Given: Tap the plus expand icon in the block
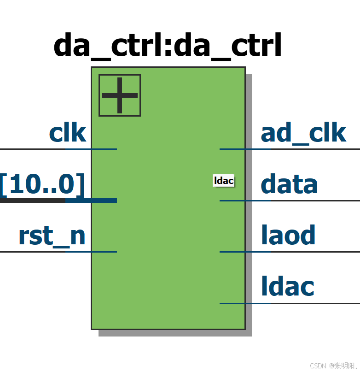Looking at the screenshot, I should (120, 95).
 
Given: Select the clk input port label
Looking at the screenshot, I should (67, 133).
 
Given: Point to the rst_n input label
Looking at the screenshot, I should (52, 236).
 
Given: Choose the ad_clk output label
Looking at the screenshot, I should (303, 133).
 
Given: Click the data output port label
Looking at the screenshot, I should (289, 184).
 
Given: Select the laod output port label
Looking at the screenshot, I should (288, 235).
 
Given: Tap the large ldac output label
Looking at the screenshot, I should (287, 286).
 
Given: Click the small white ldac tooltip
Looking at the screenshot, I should (224, 180).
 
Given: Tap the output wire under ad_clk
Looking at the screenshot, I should (290, 149).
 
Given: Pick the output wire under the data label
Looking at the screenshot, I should (290, 201).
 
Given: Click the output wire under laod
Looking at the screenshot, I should (290, 252).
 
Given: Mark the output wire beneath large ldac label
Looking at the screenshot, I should (290, 303).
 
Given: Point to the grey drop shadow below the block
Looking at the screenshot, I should (175, 333).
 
